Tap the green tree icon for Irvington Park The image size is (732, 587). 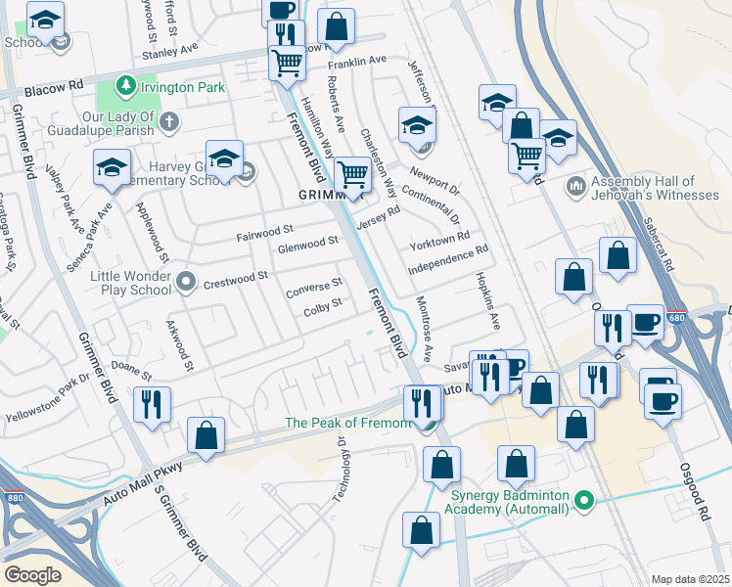[x=125, y=87]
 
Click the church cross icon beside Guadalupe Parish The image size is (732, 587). [x=170, y=122]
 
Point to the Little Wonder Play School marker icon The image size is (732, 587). [x=187, y=284]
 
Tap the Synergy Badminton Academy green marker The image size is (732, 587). [x=585, y=501]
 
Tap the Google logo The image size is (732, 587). [x=32, y=575]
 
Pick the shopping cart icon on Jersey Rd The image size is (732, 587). [x=352, y=177]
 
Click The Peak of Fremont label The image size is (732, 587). [x=347, y=423]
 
